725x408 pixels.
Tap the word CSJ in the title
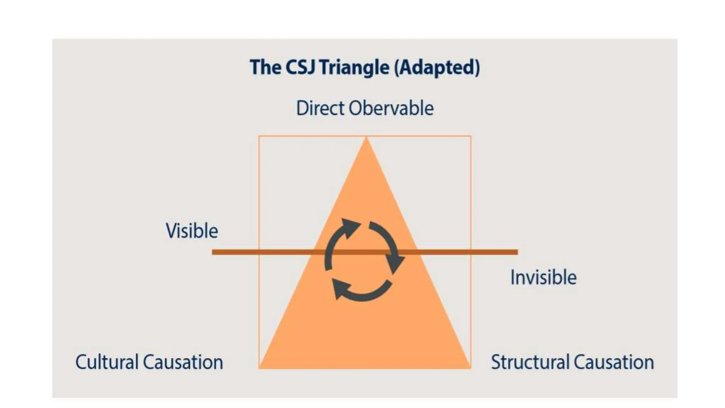coord(300,67)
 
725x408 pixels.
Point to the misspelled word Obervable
coord(391,108)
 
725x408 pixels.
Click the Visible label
coord(192,231)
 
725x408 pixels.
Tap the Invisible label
coord(543,277)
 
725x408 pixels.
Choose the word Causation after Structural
coord(613,362)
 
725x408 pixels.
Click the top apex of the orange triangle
coord(366,138)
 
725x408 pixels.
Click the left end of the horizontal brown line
coord(213,252)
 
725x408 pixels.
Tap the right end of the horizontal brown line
coord(517,252)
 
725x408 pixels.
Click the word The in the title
coord(265,67)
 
